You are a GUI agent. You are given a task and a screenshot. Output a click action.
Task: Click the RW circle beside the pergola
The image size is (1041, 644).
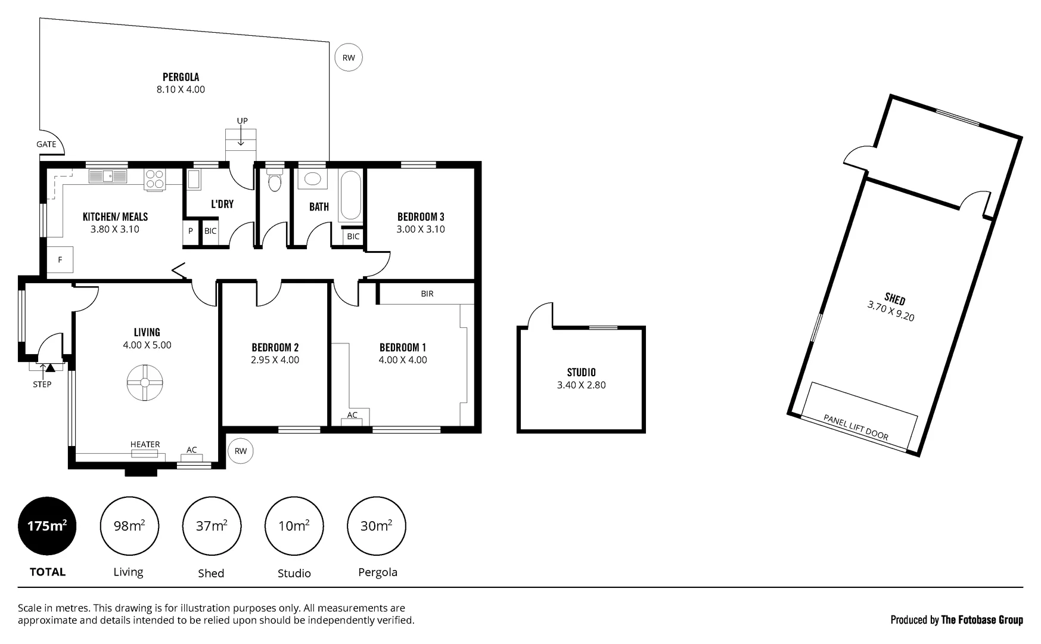pyautogui.click(x=349, y=58)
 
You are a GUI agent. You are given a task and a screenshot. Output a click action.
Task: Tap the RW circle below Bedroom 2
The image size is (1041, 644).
pyautogui.click(x=240, y=451)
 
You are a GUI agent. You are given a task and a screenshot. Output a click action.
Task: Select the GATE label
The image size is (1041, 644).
pyautogui.click(x=46, y=144)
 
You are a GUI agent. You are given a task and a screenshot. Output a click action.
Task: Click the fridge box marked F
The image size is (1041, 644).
pyautogui.click(x=60, y=260)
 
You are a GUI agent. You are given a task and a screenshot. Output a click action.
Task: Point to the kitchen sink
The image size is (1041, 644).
pyautogui.click(x=108, y=177)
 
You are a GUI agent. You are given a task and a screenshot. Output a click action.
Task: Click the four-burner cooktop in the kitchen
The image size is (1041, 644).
pyautogui.click(x=155, y=180)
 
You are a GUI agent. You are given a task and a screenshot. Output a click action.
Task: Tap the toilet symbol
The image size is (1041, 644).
pyautogui.click(x=275, y=181)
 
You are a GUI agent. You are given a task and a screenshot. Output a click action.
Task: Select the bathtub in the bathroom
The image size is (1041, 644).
pyautogui.click(x=350, y=196)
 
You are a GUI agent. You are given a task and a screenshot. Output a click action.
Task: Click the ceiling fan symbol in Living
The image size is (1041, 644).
pyautogui.click(x=145, y=383)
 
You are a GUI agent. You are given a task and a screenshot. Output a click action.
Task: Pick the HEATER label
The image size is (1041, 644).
pyautogui.click(x=145, y=444)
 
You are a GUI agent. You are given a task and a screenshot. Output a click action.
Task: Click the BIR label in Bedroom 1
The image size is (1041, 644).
pyautogui.click(x=427, y=294)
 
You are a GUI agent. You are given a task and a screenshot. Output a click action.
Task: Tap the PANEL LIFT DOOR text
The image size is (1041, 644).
pyautogui.click(x=856, y=428)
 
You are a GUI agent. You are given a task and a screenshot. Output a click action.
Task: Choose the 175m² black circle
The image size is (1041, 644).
pyautogui.click(x=47, y=526)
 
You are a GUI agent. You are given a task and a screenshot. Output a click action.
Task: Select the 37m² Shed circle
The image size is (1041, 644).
pyautogui.click(x=212, y=526)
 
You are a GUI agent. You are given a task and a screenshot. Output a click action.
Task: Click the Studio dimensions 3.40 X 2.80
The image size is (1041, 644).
pyautogui.click(x=581, y=385)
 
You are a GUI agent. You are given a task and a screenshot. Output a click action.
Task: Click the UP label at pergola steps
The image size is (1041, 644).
pyautogui.click(x=242, y=121)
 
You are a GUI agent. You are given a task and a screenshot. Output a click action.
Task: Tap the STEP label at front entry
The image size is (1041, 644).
pyautogui.click(x=42, y=385)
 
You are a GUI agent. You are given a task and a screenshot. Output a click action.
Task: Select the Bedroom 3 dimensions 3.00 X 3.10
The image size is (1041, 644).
pyautogui.click(x=421, y=230)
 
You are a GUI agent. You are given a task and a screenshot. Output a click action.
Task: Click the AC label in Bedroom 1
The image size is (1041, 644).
pyautogui.click(x=352, y=415)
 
